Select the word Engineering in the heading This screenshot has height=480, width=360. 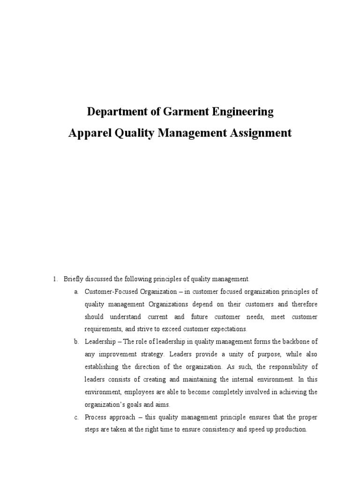[240, 112]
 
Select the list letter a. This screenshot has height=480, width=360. [76, 292]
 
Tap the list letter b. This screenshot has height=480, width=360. [76, 342]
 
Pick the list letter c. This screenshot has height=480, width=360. [76, 417]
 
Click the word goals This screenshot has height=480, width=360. [130, 404]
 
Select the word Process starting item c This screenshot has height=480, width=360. [95, 417]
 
